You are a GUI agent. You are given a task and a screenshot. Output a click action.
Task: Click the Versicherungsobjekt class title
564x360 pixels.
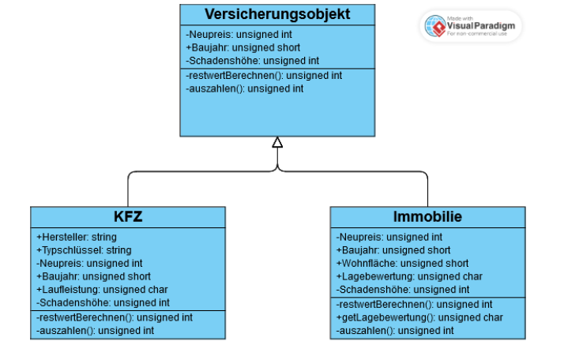pos(276,14)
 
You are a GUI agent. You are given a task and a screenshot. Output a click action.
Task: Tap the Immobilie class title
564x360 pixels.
pos(427,216)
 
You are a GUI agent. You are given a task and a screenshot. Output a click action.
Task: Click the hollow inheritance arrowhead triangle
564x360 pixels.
pos(277,142)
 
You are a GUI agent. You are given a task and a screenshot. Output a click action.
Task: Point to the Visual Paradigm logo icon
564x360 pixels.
pos(434,26)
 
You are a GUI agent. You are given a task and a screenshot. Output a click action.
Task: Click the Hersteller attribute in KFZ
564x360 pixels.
pos(77,237)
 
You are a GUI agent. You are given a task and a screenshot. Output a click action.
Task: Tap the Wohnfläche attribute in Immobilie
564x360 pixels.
pos(402,264)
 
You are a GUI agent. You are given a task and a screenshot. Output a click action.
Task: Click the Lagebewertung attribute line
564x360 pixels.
pos(409,277)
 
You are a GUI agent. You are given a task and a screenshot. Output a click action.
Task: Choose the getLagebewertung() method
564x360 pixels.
pos(419,317)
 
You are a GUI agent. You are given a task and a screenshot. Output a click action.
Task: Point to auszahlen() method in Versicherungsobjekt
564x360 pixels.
pos(245,88)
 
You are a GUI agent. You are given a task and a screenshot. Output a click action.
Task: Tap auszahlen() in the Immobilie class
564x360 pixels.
pos(395,331)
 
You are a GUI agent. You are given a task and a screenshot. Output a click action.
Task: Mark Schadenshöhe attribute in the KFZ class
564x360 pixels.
pos(103,303)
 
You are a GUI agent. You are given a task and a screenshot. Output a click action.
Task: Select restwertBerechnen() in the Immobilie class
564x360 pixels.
pos(415,304)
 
